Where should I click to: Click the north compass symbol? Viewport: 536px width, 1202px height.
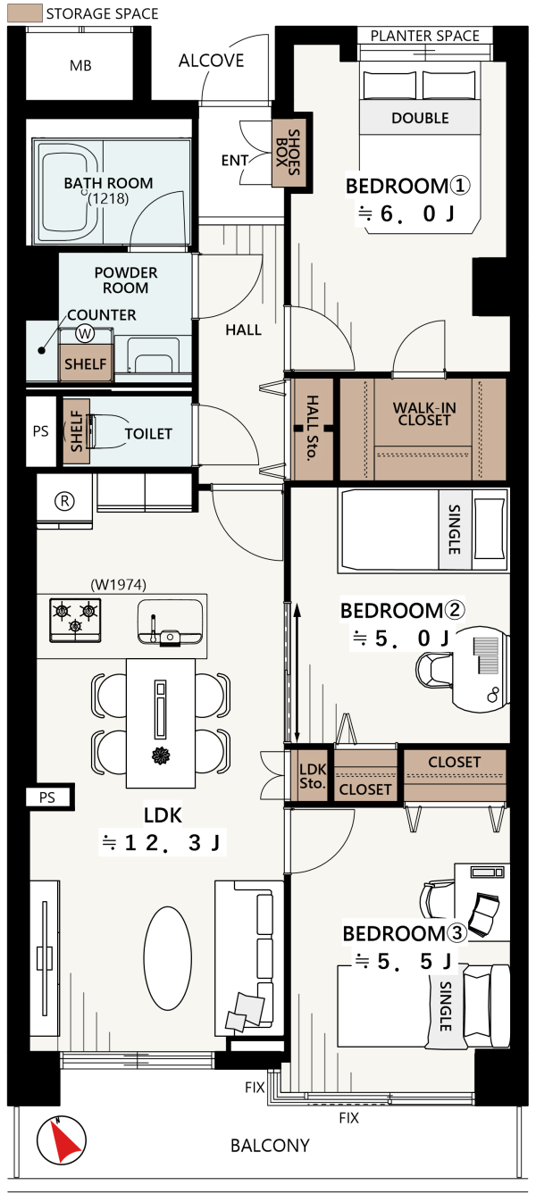click(61, 1140)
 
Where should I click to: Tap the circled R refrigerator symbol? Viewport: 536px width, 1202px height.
click(64, 501)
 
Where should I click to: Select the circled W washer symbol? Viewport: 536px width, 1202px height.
click(84, 334)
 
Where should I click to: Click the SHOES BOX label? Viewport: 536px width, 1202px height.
click(288, 152)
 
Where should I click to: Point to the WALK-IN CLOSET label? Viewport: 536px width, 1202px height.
click(423, 413)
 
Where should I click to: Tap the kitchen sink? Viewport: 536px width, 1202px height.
click(170, 622)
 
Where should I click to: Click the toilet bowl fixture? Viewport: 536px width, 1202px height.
click(108, 431)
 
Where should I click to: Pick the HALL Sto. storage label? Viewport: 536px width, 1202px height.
click(312, 428)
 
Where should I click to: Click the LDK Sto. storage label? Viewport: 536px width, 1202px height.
click(313, 776)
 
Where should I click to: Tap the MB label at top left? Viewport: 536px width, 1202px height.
click(80, 65)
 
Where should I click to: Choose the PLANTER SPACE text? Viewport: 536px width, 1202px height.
click(425, 36)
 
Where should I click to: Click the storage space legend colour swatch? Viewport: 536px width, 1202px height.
click(25, 13)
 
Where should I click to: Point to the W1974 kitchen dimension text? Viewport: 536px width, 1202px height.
click(118, 584)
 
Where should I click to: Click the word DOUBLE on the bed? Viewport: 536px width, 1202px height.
click(420, 118)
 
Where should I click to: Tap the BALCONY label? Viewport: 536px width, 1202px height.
click(270, 1146)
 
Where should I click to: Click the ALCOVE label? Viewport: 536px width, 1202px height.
click(211, 61)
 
